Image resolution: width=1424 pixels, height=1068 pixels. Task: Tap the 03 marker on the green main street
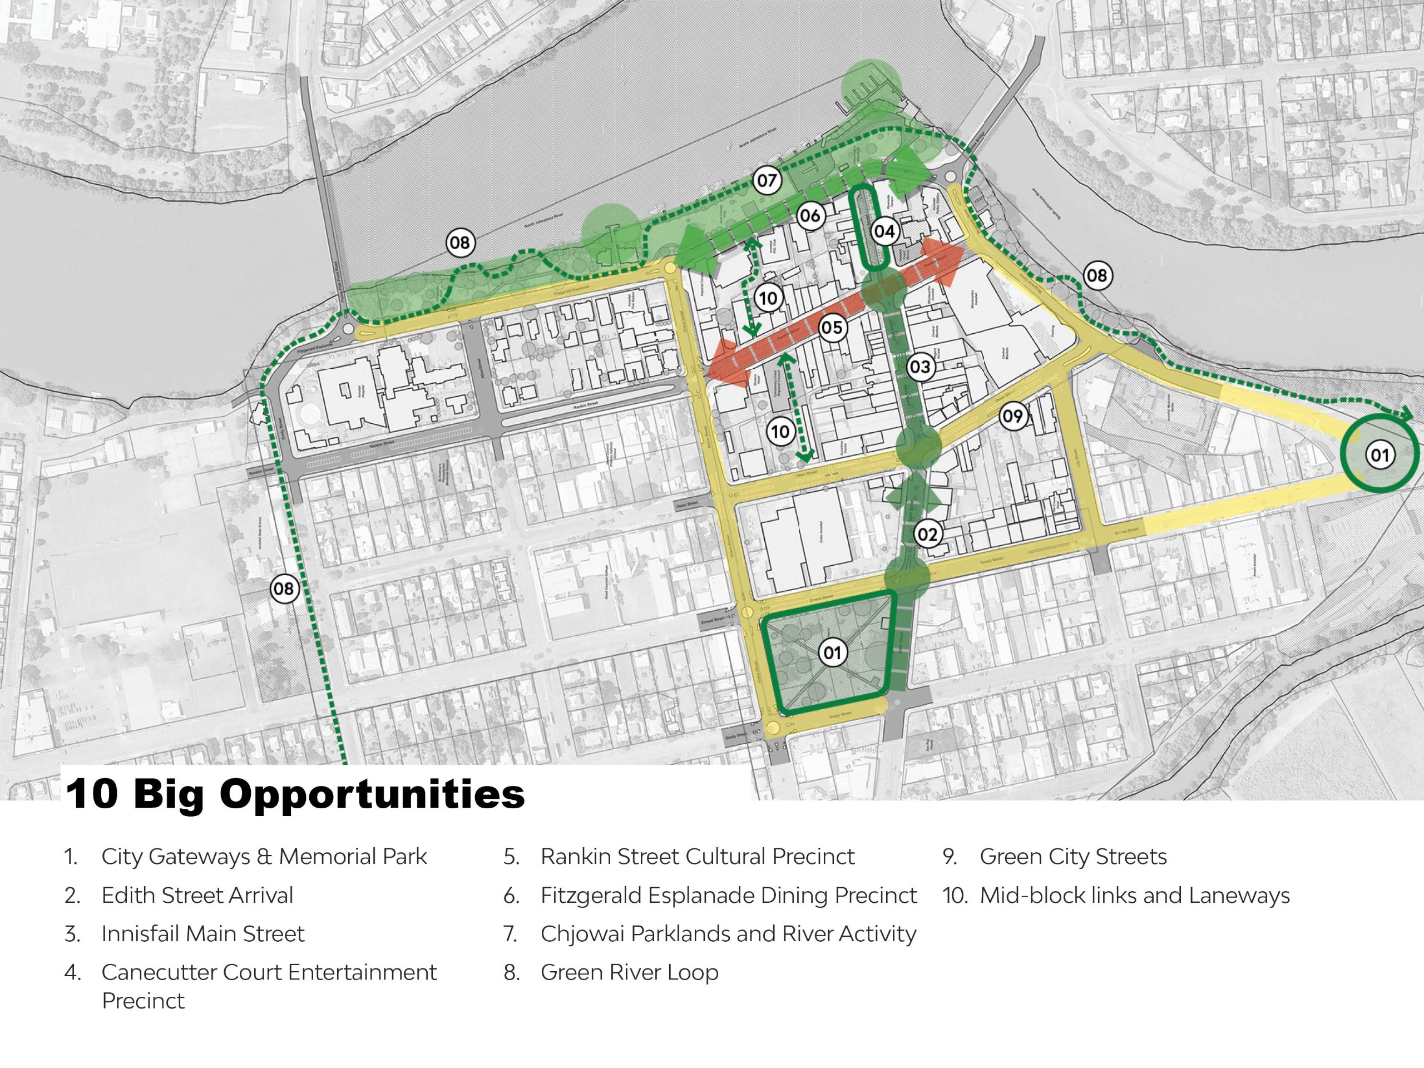[x=920, y=367]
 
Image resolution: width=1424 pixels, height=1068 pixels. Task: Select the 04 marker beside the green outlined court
[x=884, y=232]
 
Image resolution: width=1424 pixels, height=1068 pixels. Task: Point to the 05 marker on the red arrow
[x=831, y=328]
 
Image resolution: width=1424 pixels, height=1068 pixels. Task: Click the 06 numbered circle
[x=810, y=216]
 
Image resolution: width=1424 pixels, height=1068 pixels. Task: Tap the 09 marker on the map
[x=1012, y=416]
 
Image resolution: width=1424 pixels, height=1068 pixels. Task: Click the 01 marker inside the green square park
[x=832, y=653]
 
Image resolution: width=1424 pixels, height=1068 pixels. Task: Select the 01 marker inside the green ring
[x=1379, y=456]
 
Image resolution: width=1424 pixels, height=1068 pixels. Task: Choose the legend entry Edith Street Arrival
[x=197, y=896]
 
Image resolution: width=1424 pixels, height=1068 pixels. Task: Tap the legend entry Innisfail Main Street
[x=203, y=933]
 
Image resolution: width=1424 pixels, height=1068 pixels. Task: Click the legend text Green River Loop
[x=629, y=972]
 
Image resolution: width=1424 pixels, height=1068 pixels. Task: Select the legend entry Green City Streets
[x=1072, y=857]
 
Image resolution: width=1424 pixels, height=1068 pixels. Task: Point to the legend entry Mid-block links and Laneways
[x=1134, y=896]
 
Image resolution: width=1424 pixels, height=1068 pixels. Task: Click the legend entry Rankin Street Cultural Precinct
[x=697, y=857]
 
